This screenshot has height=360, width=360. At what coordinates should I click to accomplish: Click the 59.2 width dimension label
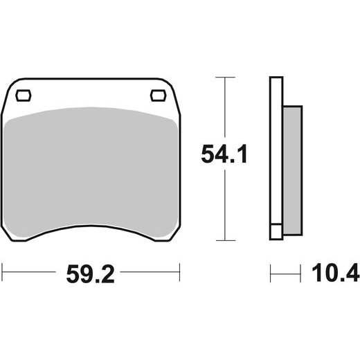coord(90,274)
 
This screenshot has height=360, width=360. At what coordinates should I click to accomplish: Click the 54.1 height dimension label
coord(224,154)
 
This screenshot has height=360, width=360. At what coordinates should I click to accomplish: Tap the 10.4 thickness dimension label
coord(336,272)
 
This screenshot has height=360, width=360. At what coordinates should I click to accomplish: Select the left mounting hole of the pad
coord(24,96)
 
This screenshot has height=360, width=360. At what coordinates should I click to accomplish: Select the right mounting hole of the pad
coord(159,96)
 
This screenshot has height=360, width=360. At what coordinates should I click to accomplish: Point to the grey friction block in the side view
coord(293,170)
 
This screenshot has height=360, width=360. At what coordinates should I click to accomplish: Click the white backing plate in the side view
coord(276,150)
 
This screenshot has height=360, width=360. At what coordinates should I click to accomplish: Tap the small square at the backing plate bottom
coord(276,232)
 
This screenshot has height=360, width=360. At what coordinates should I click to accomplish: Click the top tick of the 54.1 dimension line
coord(225,77)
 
